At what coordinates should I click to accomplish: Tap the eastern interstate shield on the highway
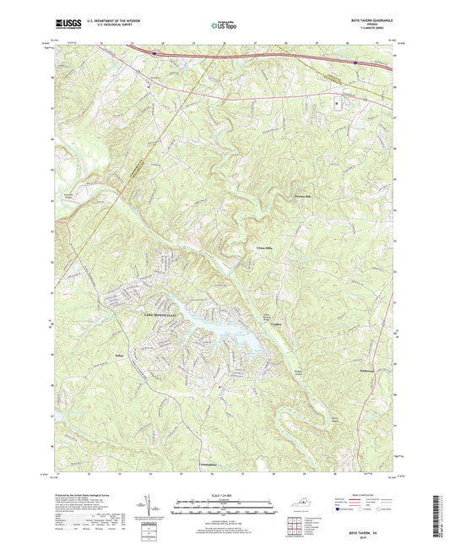coord(357,62)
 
